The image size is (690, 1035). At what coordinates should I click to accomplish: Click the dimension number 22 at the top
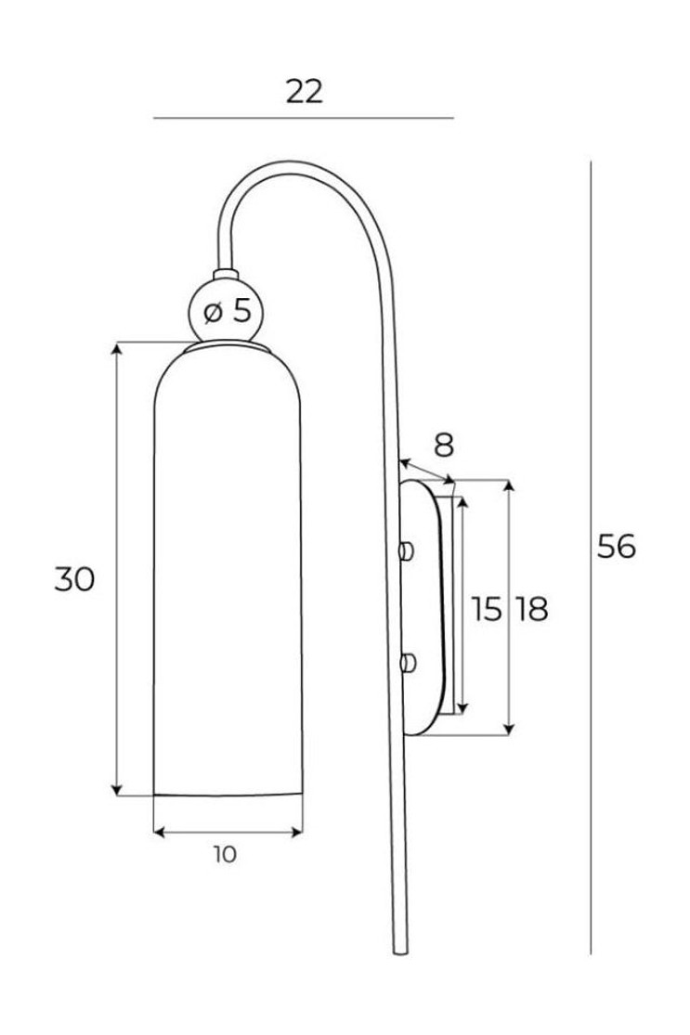[305, 92]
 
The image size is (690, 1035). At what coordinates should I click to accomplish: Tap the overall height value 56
[616, 546]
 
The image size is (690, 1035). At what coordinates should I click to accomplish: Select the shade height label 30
[74, 579]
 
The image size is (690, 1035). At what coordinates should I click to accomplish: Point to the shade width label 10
[225, 854]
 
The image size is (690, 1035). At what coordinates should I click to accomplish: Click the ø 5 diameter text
[228, 311]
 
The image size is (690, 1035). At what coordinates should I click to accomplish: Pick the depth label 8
[444, 446]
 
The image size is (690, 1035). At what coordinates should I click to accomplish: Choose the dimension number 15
[487, 609]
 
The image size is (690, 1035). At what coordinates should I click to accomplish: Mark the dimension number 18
[531, 609]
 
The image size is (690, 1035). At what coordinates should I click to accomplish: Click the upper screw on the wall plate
[407, 550]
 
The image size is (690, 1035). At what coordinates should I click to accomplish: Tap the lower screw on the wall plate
[408, 662]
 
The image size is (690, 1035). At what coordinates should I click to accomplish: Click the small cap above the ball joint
[225, 274]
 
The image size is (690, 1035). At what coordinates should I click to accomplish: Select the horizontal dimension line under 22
[304, 118]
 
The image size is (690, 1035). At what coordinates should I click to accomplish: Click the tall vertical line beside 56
[591, 557]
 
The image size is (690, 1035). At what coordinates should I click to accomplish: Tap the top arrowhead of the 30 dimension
[117, 349]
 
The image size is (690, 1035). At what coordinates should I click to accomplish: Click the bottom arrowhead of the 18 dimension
[508, 729]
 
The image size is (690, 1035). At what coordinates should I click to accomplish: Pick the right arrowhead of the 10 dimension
[296, 833]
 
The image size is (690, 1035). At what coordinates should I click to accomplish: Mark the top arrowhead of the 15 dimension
[462, 503]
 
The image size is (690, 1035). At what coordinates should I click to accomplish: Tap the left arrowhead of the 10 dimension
[160, 833]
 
